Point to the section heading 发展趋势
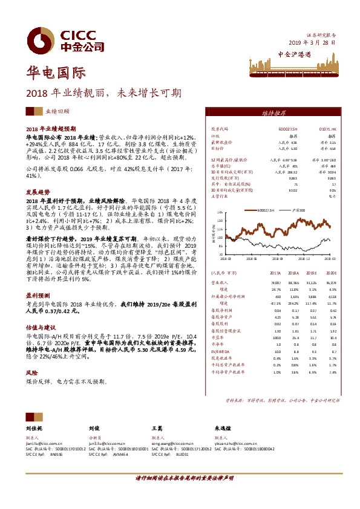pos(37,191)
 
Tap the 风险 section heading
pos(31,373)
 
